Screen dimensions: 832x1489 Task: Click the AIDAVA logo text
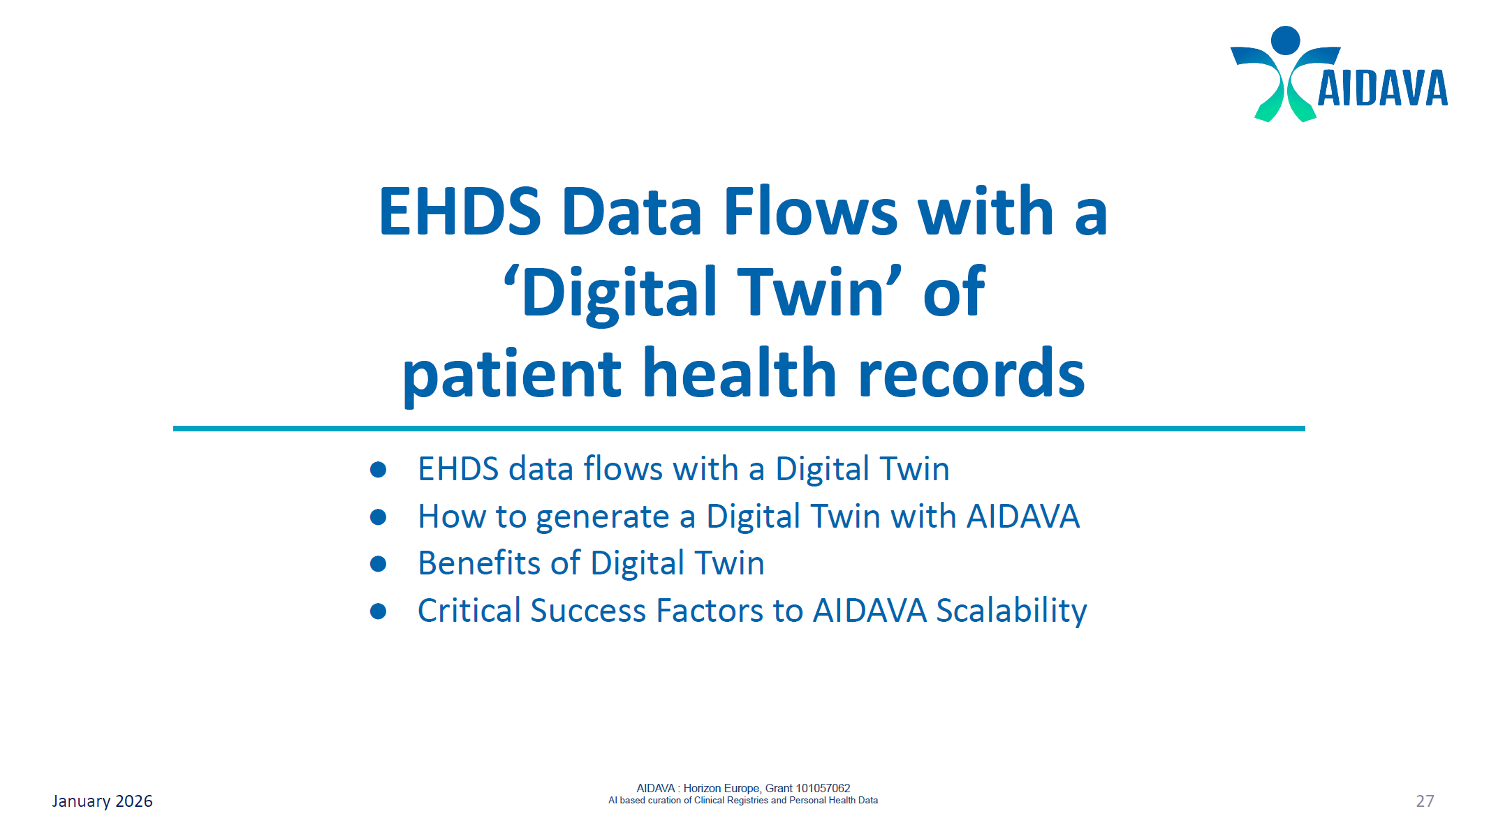click(1381, 89)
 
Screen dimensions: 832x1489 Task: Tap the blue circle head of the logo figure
click(1285, 40)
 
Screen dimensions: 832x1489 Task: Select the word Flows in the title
click(810, 211)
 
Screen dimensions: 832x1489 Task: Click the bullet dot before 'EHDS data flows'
click(379, 470)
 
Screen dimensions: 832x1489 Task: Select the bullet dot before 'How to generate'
click(379, 517)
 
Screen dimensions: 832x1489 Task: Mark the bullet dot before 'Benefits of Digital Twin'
click(379, 564)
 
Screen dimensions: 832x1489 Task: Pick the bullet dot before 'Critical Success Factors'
click(379, 611)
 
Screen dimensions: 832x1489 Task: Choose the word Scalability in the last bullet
click(1011, 611)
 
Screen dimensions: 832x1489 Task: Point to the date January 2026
click(102, 801)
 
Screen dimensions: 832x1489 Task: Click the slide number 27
click(1425, 801)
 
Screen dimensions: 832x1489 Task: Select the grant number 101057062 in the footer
click(823, 788)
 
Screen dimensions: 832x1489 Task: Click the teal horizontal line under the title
click(739, 429)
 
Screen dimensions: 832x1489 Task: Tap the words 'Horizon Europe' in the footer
click(721, 788)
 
